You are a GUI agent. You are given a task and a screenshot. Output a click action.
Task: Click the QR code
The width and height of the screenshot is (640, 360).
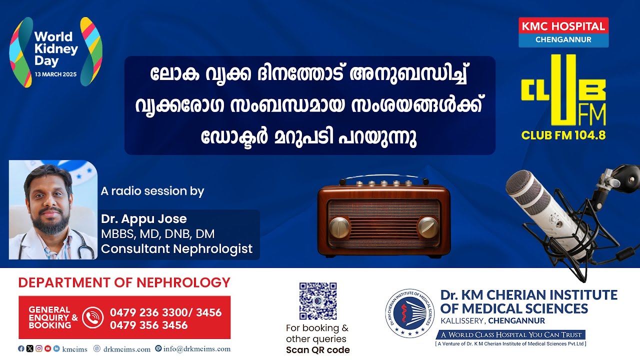click(317, 301)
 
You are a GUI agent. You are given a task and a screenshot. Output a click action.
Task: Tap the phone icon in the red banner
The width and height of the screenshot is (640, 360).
click(92, 317)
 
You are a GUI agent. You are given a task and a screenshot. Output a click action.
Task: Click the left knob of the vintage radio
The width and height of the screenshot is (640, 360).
click(339, 227)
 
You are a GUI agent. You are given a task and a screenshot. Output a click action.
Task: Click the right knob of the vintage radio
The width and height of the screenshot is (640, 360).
click(427, 227)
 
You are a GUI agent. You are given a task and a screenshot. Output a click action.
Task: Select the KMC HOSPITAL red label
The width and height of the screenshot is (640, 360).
click(563, 26)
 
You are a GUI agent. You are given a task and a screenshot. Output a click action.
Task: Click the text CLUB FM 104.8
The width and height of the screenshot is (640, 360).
click(563, 135)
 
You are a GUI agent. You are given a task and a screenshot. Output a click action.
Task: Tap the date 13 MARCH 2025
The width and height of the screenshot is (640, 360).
click(55, 74)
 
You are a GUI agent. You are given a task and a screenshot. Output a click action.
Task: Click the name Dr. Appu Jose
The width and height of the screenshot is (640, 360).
click(143, 219)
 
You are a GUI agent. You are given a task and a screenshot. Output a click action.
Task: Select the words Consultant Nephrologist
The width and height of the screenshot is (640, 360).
click(176, 248)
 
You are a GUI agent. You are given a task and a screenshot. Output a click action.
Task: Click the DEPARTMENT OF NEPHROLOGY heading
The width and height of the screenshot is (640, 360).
click(124, 282)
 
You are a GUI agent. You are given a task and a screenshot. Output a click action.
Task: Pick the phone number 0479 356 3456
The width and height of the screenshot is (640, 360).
click(148, 325)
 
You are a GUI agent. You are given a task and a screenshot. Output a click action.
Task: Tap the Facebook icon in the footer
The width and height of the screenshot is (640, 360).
click(21, 348)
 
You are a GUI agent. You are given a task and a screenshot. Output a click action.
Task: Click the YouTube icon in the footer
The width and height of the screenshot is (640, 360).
click(47, 348)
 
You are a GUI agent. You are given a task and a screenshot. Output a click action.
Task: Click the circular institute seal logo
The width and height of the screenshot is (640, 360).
click(409, 313)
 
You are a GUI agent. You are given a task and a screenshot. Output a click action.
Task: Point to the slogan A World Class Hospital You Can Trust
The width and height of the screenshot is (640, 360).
click(511, 334)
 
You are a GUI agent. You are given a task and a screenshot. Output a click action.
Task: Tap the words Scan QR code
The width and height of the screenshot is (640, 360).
click(317, 349)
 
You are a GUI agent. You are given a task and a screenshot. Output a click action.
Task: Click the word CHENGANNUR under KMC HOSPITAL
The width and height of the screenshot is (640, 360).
click(563, 39)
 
